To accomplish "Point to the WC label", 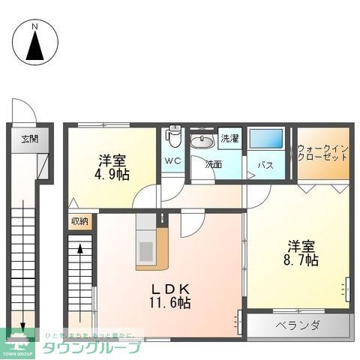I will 172,160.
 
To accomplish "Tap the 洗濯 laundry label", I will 229,139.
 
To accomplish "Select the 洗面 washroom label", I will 214,163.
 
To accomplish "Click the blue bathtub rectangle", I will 265,139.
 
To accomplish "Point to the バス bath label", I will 265,164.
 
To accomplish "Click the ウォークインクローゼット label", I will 322,152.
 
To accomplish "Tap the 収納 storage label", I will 79,220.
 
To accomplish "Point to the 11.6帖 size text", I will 169,303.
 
